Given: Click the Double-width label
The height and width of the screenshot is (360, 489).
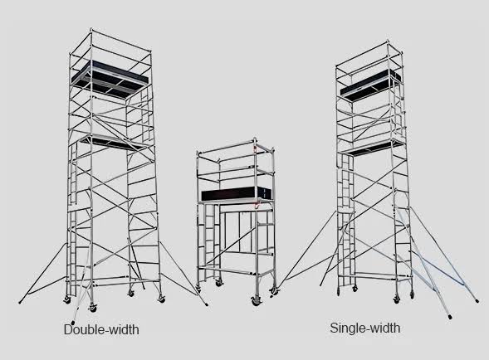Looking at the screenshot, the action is click(101, 329).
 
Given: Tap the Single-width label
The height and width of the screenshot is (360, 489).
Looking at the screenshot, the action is click(364, 328).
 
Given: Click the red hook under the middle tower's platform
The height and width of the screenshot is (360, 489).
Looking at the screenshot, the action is click(257, 204).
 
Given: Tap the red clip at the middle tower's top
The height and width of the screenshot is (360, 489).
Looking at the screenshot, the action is click(256, 147).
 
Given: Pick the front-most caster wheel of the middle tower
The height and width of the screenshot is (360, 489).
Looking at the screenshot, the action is click(256, 301).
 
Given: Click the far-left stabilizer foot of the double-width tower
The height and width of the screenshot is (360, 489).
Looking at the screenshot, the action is click(21, 302).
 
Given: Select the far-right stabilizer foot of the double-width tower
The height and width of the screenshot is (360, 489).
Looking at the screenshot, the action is click(206, 304).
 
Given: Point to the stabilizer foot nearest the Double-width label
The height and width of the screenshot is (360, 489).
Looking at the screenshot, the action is click(73, 322).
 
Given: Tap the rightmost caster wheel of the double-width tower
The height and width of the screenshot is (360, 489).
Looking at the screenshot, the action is click(161, 299).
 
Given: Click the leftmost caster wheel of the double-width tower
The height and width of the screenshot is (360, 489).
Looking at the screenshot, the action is click(67, 299).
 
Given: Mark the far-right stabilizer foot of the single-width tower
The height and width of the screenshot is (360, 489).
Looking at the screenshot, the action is click(477, 301).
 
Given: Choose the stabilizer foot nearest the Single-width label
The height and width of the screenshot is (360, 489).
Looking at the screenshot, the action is click(450, 317).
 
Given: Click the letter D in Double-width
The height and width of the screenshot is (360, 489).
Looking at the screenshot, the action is click(68, 330).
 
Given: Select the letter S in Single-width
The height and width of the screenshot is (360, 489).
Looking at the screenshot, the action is click(334, 328).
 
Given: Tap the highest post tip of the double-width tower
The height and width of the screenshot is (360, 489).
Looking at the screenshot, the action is click(91, 29).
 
